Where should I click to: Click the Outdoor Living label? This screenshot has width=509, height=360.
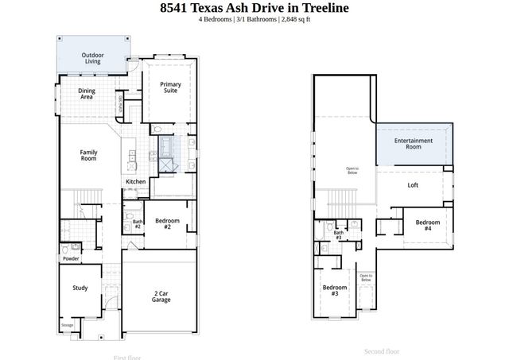point(92,58)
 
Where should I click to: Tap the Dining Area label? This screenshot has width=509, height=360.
point(87,94)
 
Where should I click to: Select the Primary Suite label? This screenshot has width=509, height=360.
point(170,88)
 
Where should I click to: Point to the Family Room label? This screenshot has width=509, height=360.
point(87,155)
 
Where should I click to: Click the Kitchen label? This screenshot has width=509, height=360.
point(135,182)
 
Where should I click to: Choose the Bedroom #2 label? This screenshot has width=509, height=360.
point(168,223)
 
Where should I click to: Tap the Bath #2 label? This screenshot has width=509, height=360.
point(138,224)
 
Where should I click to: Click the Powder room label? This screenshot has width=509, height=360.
point(70,258)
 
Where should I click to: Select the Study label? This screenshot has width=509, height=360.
point(80,288)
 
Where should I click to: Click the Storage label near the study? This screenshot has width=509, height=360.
point(68,324)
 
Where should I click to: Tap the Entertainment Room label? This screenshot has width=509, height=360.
point(414,144)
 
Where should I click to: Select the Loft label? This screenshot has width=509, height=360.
point(413,186)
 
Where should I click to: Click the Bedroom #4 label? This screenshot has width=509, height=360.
point(427,225)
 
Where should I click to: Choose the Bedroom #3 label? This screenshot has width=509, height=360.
point(335,290)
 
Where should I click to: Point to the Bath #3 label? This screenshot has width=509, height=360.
point(338,235)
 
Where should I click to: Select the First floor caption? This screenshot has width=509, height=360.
point(127,357)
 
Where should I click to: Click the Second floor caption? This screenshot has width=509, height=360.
point(382,351)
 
